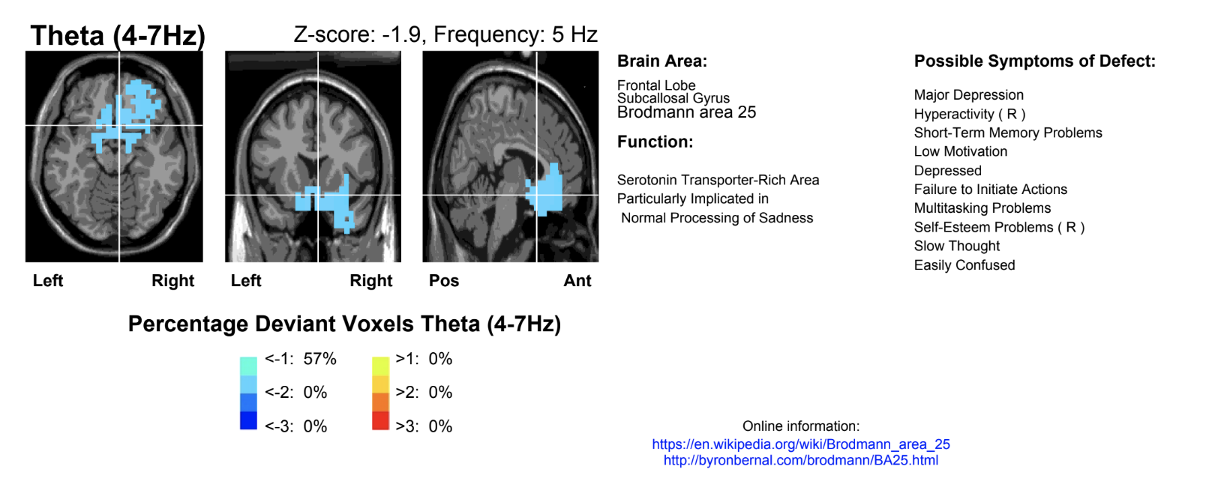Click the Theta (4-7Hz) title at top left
coord(117,36)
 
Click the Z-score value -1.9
coord(401,34)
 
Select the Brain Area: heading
coord(661,61)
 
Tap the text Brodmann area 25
coord(686,112)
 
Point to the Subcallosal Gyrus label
coord(673,98)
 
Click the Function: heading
coord(655,142)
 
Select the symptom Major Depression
coord(968,95)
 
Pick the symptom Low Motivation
coord(960,151)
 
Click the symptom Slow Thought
coord(956,246)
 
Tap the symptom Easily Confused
coord(964,265)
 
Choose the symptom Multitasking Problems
coord(982,208)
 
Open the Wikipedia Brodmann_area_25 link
coord(800,444)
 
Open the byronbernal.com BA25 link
coord(800,460)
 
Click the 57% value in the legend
coord(320,359)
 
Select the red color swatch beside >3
coord(380,420)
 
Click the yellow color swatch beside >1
coord(380,366)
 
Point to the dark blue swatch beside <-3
coord(248,420)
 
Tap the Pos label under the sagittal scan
coord(443,281)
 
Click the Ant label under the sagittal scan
coord(577,281)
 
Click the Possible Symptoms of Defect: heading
coord(1034,61)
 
